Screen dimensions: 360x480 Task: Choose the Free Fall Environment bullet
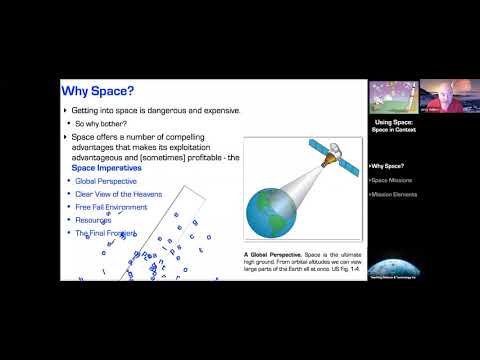coord(111,207)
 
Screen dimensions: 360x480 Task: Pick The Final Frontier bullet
coord(105,232)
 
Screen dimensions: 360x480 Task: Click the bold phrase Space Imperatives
coord(105,167)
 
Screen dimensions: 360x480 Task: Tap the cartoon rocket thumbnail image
coord(392,96)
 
